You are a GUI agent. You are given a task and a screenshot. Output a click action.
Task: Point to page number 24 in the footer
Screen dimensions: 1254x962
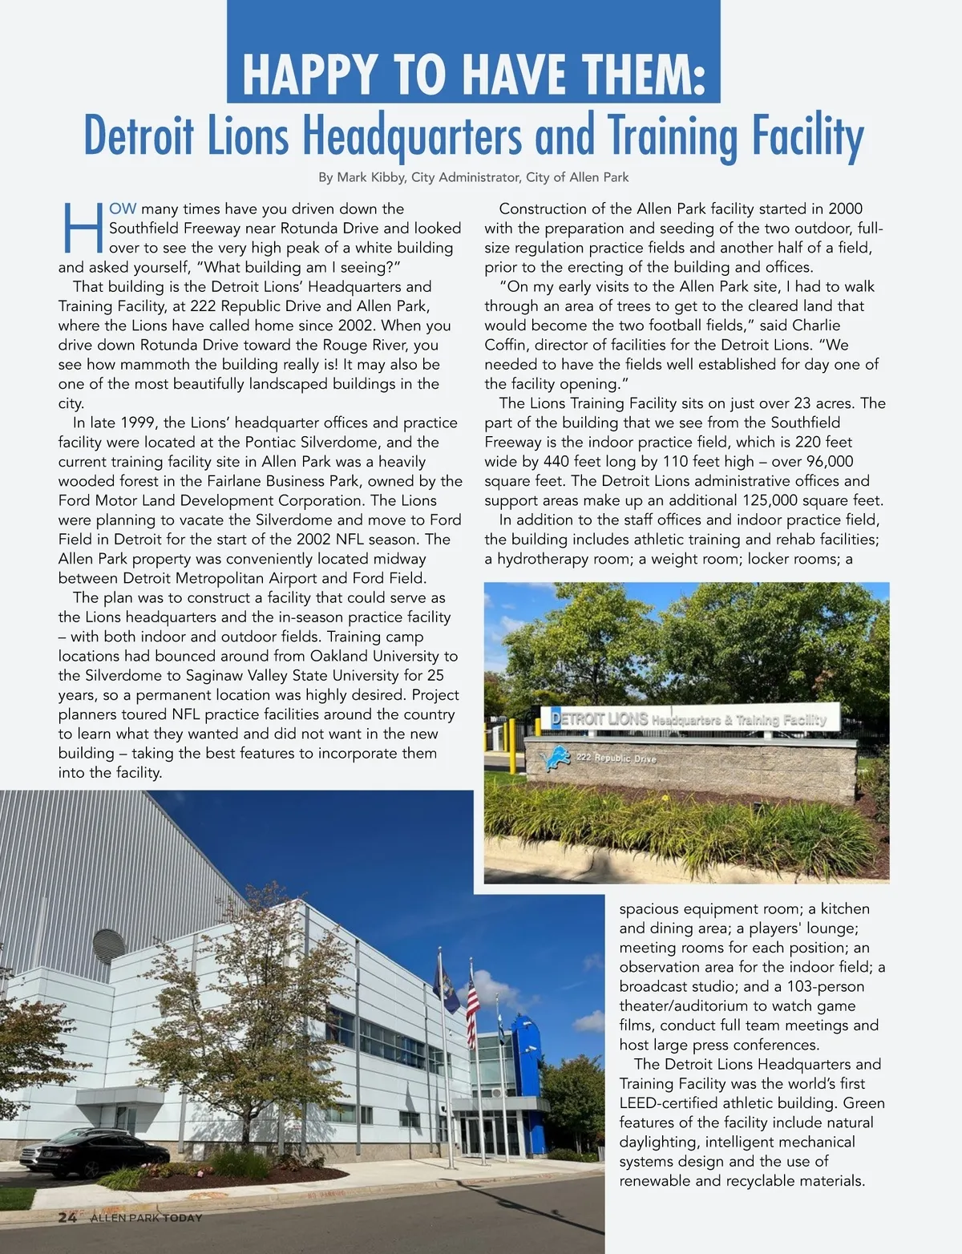[x=67, y=1217]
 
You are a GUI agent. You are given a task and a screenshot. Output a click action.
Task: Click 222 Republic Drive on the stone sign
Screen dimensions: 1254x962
[x=616, y=758]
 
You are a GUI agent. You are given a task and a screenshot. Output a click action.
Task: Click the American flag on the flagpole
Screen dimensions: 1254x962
[x=472, y=1001]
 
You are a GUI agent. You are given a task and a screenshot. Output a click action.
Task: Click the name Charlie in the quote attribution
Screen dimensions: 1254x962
[x=816, y=326]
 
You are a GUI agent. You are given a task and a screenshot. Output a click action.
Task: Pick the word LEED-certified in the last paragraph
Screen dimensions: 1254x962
[x=669, y=1103]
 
